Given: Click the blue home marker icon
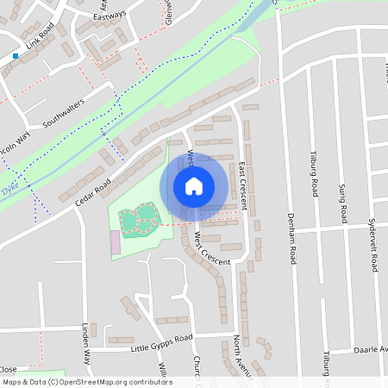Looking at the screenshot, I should [x=194, y=186].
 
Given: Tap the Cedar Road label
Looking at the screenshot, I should [x=92, y=192].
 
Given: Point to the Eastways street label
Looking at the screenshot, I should [x=110, y=15].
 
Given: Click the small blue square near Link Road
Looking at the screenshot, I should [x=16, y=56].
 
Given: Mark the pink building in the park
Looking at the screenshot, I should [x=115, y=242].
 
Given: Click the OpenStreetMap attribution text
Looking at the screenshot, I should [x=87, y=382].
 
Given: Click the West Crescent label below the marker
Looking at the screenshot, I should [x=212, y=248].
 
